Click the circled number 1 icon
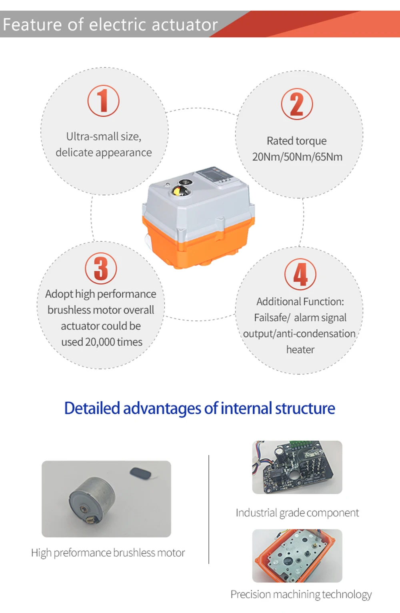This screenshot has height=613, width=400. (x=103, y=101)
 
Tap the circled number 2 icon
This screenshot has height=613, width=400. (x=297, y=104)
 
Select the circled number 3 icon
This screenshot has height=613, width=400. (x=101, y=268)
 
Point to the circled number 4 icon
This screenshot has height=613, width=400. (x=300, y=274)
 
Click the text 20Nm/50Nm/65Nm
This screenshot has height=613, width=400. (x=297, y=156)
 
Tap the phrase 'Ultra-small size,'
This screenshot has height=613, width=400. (x=104, y=136)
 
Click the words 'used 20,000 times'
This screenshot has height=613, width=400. (x=102, y=342)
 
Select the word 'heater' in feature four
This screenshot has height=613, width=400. (x=300, y=349)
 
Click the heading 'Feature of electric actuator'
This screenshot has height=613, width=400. (x=110, y=24)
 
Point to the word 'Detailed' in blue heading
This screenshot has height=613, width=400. (x=92, y=408)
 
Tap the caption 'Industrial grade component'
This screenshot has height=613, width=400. (x=297, y=513)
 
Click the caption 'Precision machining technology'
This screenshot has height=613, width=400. (x=301, y=594)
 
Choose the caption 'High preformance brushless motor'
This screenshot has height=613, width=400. (x=108, y=553)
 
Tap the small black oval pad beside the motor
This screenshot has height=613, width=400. (x=140, y=473)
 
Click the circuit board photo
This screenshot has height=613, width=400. (x=297, y=467)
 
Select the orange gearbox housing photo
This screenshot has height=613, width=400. (x=297, y=555)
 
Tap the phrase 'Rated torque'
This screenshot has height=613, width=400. (x=296, y=141)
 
